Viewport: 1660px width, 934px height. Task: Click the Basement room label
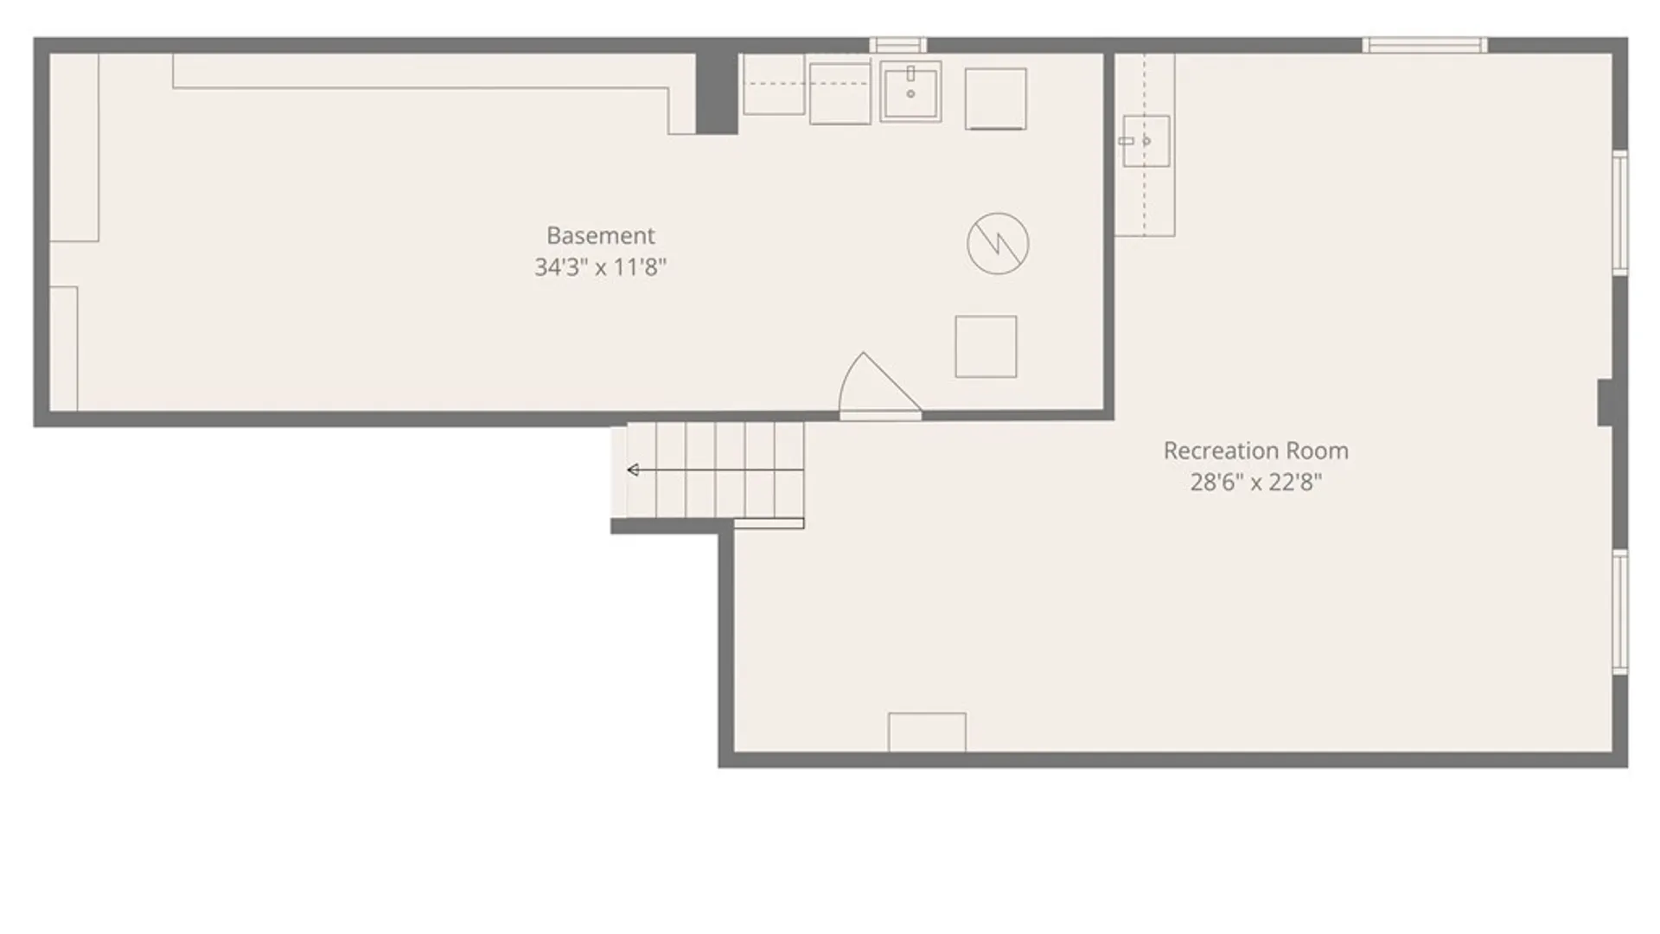point(600,235)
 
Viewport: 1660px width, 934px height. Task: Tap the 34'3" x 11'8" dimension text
point(600,267)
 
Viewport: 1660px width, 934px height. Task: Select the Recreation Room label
point(1255,451)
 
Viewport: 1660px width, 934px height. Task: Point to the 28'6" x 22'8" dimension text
point(1255,482)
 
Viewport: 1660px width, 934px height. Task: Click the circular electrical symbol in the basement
point(998,244)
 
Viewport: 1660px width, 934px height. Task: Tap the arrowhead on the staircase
point(633,470)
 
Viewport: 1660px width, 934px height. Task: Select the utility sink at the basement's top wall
point(910,92)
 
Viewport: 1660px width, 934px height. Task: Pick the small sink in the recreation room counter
point(1146,141)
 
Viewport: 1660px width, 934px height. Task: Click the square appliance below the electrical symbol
point(986,347)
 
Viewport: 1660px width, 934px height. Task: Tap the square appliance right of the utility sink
point(995,99)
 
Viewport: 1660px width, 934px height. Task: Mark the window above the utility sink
point(897,45)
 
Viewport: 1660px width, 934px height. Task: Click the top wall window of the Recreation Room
point(1425,45)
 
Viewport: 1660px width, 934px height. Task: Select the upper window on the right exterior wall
point(1620,213)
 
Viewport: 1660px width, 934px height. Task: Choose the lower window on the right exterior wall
point(1620,611)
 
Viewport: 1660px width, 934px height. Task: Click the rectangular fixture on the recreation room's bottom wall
point(927,732)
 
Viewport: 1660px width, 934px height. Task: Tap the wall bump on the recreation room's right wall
point(1606,402)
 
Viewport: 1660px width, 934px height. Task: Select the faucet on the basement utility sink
point(910,74)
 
